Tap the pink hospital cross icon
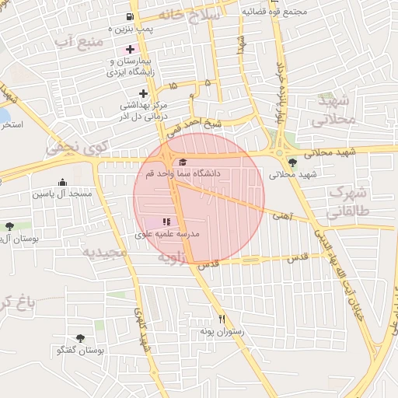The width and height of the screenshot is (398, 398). (x=130, y=49)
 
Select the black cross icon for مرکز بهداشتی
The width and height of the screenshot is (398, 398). (x=143, y=93)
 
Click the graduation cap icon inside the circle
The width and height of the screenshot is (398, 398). (x=183, y=162)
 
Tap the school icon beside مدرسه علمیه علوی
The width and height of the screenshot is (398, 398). (x=166, y=223)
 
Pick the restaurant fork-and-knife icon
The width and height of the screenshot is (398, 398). (x=222, y=319)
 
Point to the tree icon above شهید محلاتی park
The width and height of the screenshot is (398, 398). (x=292, y=162)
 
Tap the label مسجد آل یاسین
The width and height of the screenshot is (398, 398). (x=62, y=193)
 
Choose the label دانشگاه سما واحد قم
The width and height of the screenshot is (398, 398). (x=183, y=173)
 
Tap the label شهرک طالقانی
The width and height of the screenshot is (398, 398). (x=347, y=201)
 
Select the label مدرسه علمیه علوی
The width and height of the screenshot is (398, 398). (x=168, y=234)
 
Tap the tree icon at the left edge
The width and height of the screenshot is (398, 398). (x=9, y=226)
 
